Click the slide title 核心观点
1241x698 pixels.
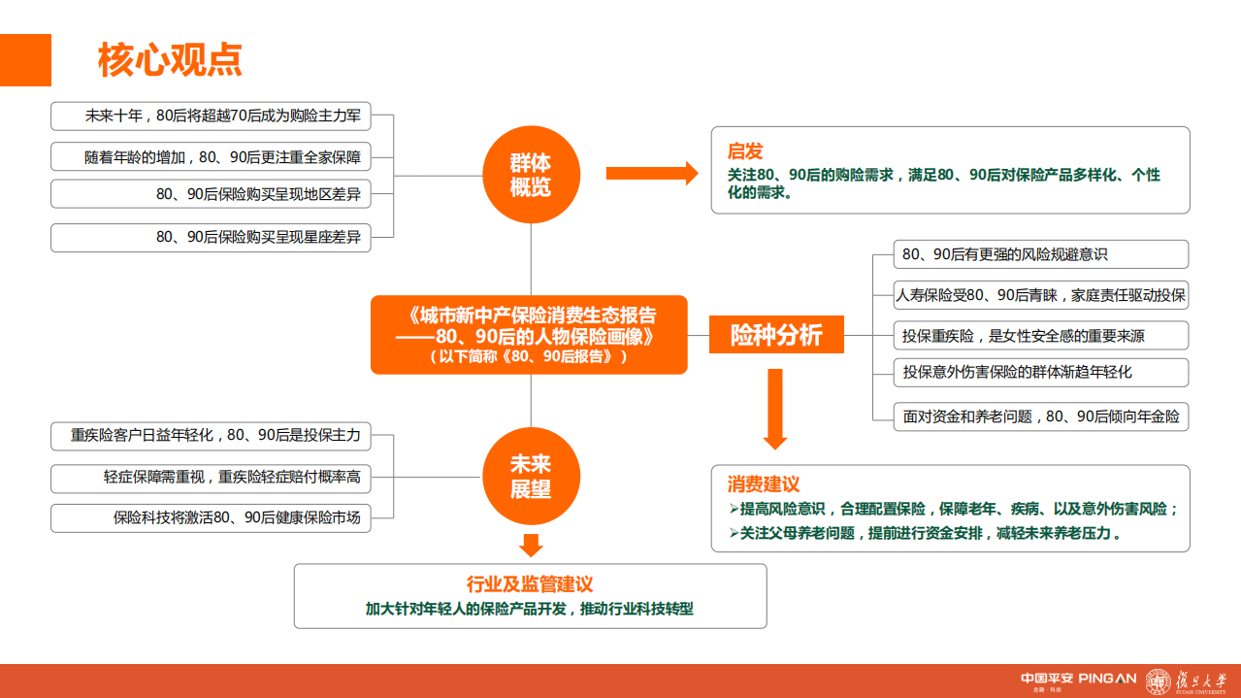pyautogui.click(x=170, y=60)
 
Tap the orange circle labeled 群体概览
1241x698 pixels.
pyautogui.click(x=531, y=175)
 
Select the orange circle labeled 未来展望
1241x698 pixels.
pyautogui.click(x=531, y=477)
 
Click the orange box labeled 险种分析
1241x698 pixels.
pyautogui.click(x=776, y=336)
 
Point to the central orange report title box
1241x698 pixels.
pyautogui.click(x=529, y=335)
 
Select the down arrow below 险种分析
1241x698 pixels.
pyautogui.click(x=774, y=409)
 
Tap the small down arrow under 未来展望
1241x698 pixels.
pyautogui.click(x=531, y=544)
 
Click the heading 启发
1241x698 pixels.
pyautogui.click(x=745, y=151)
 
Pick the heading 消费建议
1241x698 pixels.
pyautogui.click(x=764, y=483)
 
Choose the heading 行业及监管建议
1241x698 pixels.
pyautogui.click(x=530, y=583)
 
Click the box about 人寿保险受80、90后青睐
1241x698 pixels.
pyautogui.click(x=1041, y=295)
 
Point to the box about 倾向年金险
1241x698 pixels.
pyautogui.click(x=1041, y=416)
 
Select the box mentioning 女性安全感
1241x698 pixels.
pyautogui.click(x=1041, y=336)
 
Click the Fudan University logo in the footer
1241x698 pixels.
pyautogui.click(x=1184, y=681)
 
